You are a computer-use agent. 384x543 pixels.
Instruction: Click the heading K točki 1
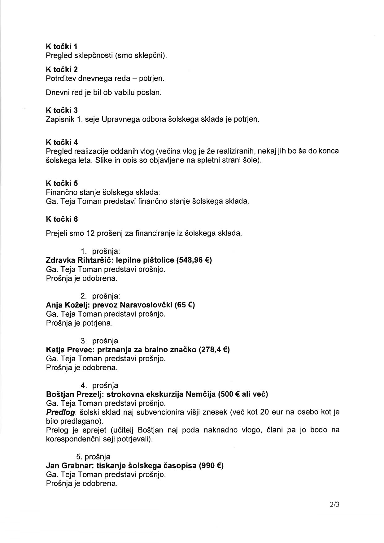pos(62,46)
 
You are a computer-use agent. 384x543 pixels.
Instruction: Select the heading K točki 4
pos(62,142)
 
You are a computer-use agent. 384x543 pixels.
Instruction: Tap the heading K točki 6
pos(62,219)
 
